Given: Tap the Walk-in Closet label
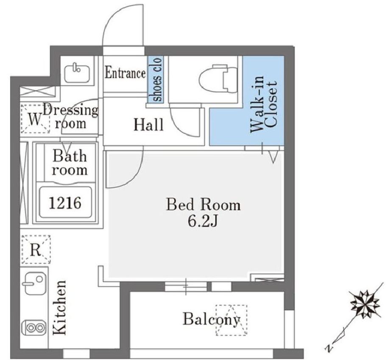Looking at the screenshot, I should click(x=263, y=104).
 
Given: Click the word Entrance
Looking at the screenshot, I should click(x=125, y=73).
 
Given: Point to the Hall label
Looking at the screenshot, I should click(x=148, y=125).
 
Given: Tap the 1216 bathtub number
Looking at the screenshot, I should click(x=65, y=203).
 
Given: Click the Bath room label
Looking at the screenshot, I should click(x=70, y=163).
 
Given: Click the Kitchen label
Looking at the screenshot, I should click(x=59, y=307).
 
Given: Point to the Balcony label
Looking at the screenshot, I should click(x=211, y=319).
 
